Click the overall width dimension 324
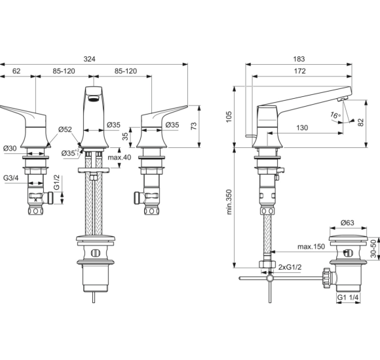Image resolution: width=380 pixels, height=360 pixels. tap(89, 59)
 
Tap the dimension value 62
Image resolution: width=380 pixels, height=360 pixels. tap(16, 71)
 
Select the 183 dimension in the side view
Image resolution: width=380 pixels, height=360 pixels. tap(299, 59)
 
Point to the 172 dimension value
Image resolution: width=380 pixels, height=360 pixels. tap(300, 71)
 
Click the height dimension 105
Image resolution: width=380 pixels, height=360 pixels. tap(229, 117)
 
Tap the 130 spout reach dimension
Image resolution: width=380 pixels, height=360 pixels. tap(302, 128)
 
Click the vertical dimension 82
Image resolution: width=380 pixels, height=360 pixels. tap(361, 122)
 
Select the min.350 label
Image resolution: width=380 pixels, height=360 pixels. tap(229, 202)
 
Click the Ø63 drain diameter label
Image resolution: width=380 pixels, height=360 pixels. tap(347, 223)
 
